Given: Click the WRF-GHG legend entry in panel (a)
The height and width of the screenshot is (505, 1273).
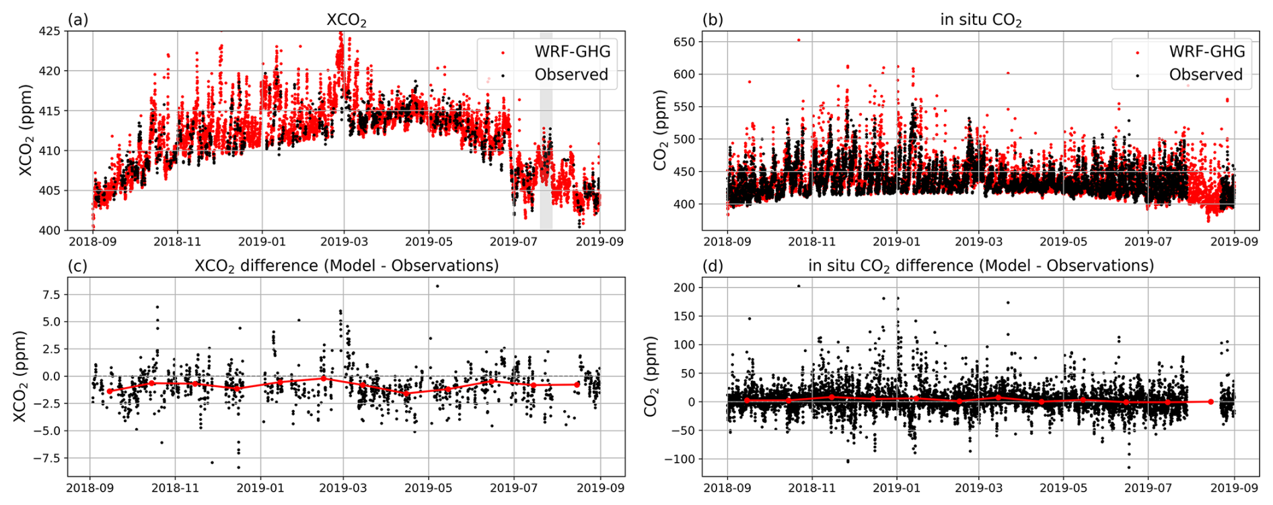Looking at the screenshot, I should [x=572, y=52].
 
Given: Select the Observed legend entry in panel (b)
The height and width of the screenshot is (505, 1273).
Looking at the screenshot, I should [x=1206, y=75].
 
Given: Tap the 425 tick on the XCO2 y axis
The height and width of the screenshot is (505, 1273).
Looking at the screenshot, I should [x=50, y=31].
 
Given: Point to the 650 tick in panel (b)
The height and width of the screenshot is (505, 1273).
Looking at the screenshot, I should [x=684, y=42].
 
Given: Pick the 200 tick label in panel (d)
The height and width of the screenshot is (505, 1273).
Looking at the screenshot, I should [x=684, y=288].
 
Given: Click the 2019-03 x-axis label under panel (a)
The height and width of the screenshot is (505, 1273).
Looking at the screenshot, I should [x=344, y=242].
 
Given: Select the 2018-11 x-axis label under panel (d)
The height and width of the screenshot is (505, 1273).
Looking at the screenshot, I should [x=812, y=488].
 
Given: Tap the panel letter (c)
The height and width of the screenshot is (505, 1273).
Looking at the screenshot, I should [x=78, y=266].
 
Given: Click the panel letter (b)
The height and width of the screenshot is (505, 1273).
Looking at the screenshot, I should [x=713, y=20].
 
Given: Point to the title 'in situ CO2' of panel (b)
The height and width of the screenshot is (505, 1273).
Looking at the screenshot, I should [x=980, y=20].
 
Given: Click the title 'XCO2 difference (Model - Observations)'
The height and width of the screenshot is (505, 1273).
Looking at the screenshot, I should [x=347, y=266].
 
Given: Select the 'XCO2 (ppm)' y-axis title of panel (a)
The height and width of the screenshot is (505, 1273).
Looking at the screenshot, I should [x=26, y=131].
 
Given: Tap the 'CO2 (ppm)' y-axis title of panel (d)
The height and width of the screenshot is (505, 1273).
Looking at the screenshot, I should [x=651, y=376].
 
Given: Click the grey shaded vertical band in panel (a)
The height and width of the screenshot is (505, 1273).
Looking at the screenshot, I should [x=546, y=131].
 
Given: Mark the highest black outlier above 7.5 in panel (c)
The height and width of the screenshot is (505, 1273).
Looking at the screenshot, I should [x=437, y=286].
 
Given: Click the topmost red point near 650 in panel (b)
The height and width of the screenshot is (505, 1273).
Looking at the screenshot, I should [x=799, y=40].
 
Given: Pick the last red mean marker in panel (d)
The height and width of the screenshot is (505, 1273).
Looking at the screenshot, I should [x=1211, y=402].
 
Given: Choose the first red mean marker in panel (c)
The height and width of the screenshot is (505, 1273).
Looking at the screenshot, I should [x=110, y=391].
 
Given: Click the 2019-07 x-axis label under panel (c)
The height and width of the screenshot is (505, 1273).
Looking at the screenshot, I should [x=515, y=488].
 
